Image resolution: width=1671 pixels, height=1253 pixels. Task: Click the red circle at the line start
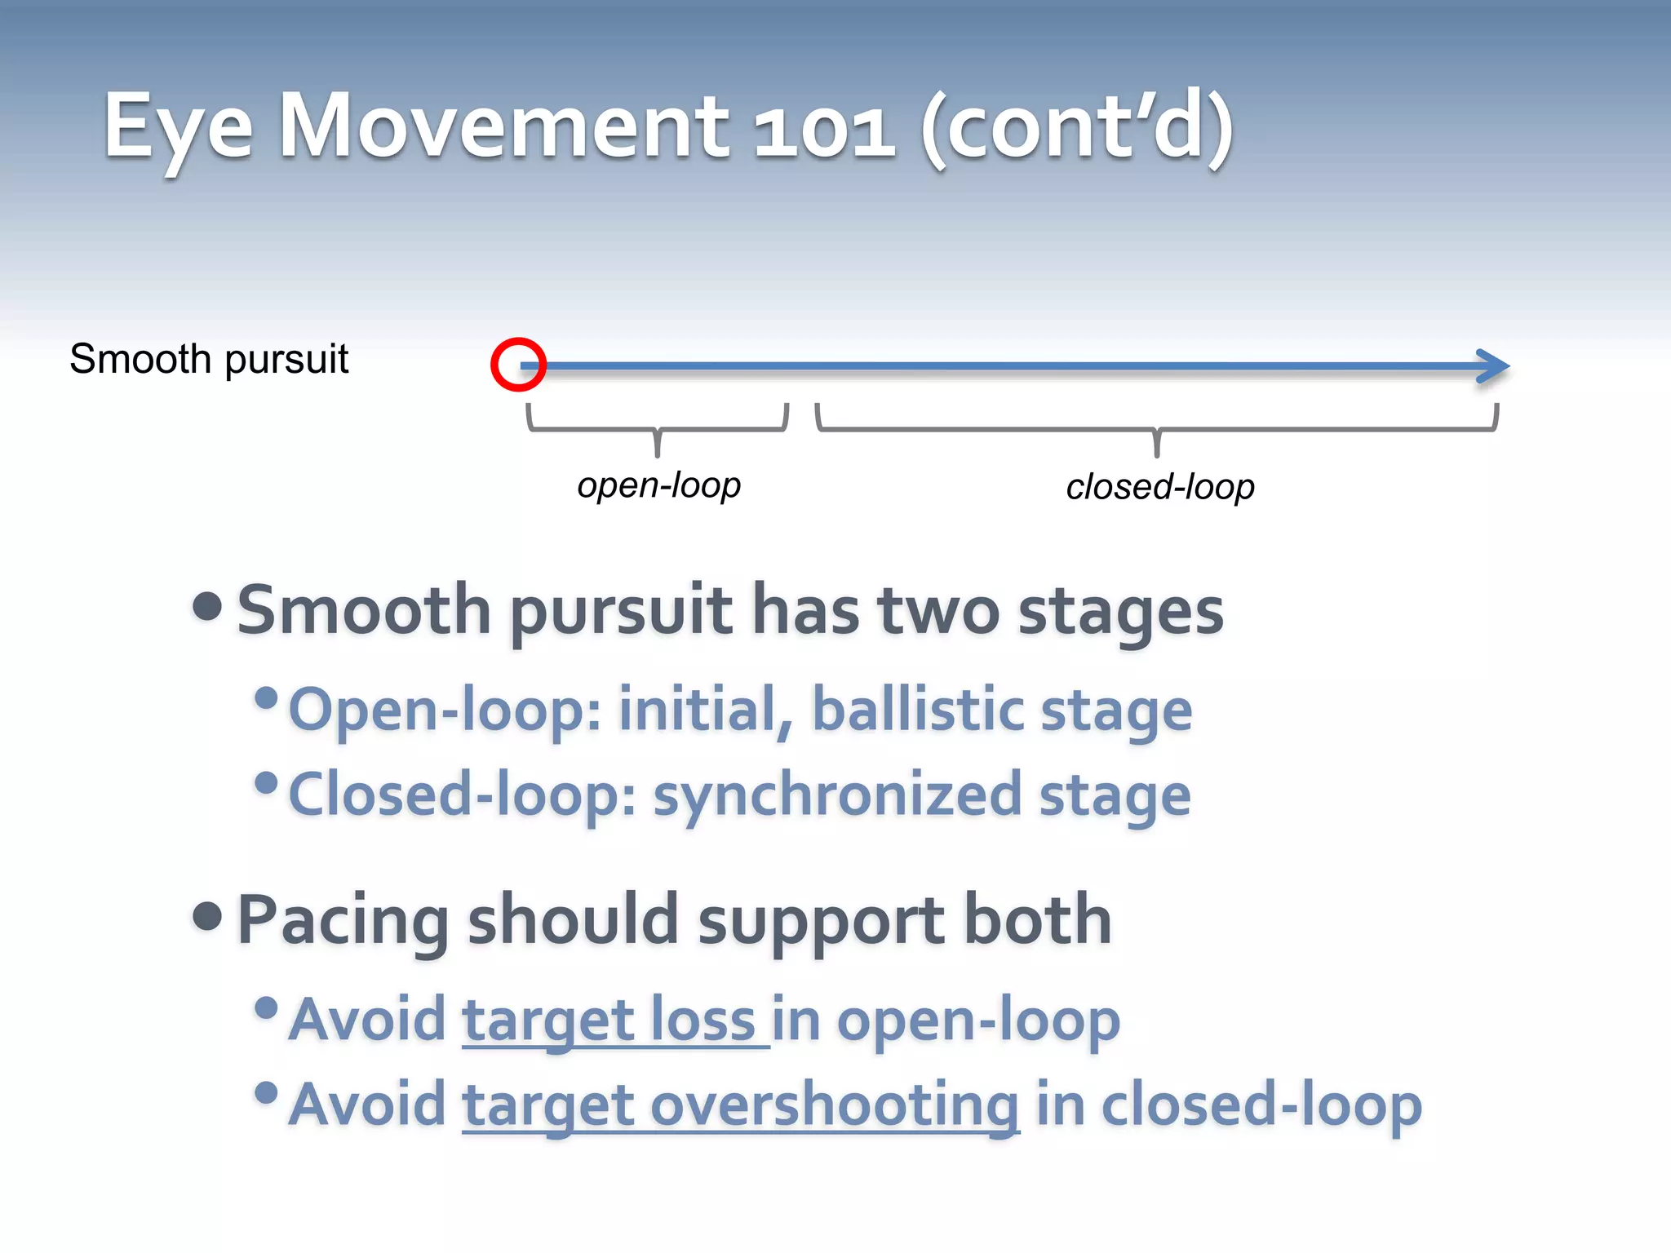(x=518, y=365)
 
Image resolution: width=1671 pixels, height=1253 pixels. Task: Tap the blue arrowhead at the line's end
(x=1494, y=366)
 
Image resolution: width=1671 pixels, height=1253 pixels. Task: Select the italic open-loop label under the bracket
(x=658, y=485)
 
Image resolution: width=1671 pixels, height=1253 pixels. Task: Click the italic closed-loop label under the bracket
(x=1159, y=487)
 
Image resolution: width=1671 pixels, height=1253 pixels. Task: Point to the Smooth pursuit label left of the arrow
(x=209, y=359)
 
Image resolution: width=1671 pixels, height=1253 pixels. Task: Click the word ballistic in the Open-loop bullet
(x=917, y=709)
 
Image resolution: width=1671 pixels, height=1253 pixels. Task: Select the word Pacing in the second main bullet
(x=343, y=920)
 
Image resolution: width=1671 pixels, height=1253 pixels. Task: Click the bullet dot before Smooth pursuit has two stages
(x=208, y=607)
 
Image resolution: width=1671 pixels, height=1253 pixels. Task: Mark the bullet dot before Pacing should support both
(x=208, y=916)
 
